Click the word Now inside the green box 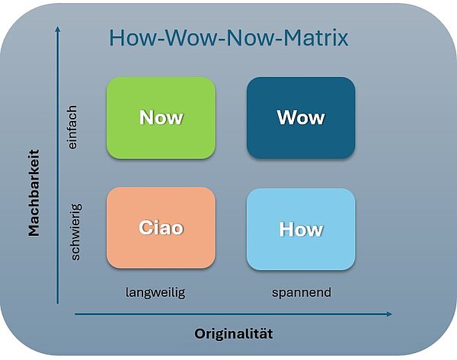161,117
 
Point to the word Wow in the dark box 301,117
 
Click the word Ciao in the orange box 161,227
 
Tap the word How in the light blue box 301,229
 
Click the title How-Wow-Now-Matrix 228,37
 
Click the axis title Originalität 233,333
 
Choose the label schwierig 75,232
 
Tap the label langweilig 155,292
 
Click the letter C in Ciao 145,227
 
